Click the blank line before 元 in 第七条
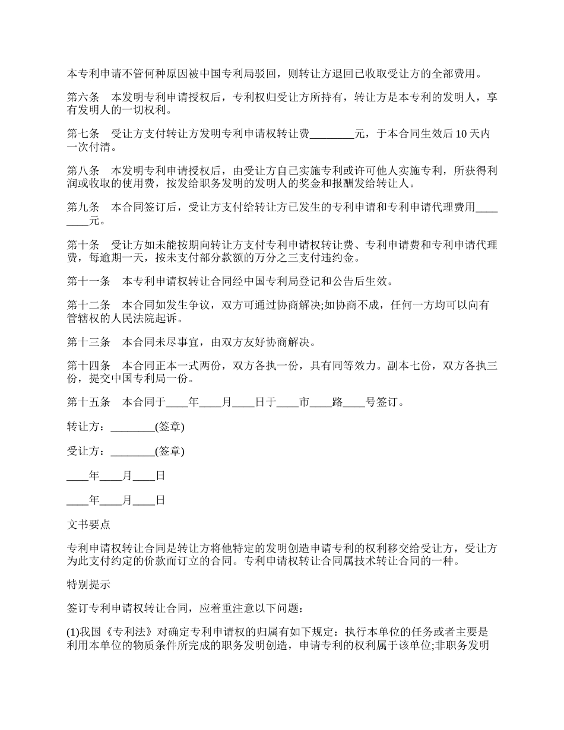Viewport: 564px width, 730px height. pyautogui.click(x=332, y=135)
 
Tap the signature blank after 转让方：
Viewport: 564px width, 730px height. pyautogui.click(x=132, y=427)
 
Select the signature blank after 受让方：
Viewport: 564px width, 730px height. pyautogui.click(x=132, y=452)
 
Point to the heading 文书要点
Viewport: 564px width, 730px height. pyautogui.click(x=88, y=524)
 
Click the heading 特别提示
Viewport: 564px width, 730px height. pyautogui.click(x=88, y=585)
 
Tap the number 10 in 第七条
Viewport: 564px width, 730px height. pyautogui.click(x=461, y=134)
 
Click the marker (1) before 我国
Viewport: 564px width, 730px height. pyautogui.click(x=72, y=633)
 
